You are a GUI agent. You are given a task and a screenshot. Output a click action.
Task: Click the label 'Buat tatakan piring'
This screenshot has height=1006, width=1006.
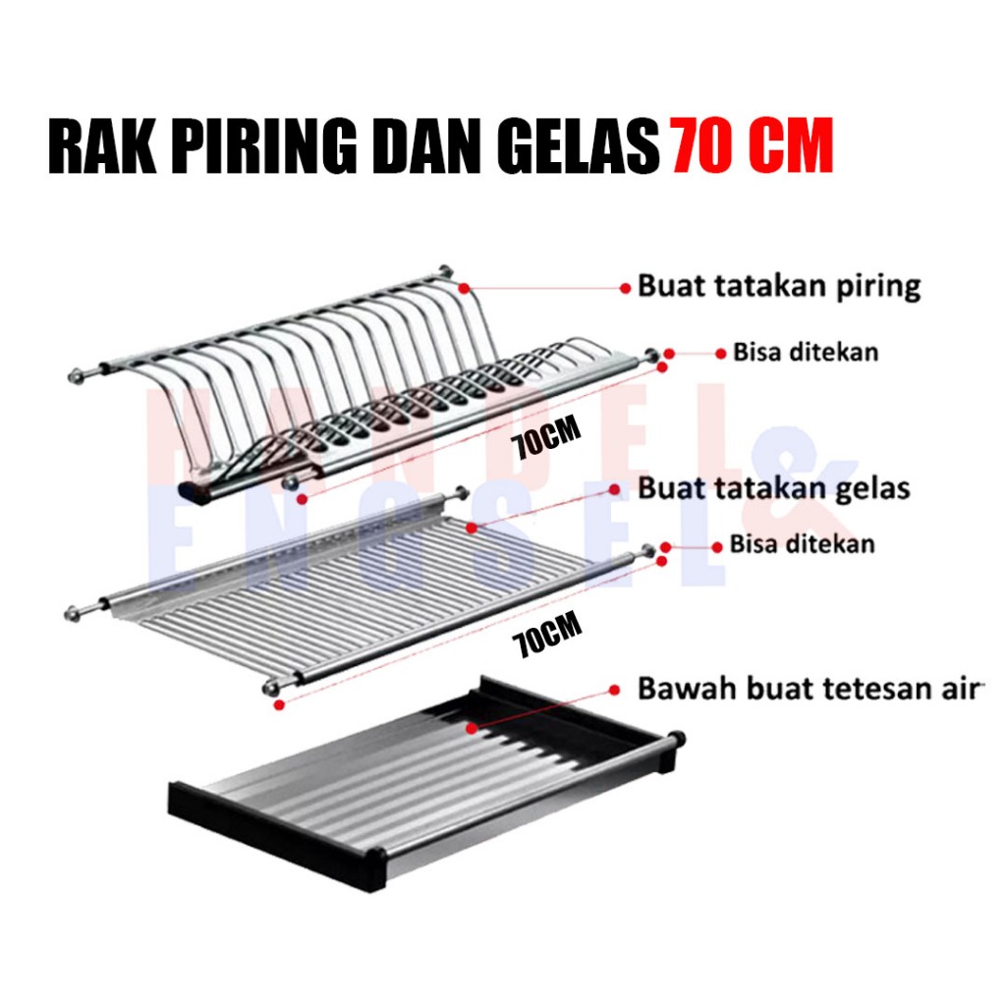pyautogui.click(x=779, y=286)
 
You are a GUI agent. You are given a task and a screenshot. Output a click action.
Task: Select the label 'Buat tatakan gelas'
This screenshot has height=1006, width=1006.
pyautogui.click(x=774, y=489)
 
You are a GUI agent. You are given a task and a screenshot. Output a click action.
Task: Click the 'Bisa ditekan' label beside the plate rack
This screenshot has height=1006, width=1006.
pyautogui.click(x=806, y=353)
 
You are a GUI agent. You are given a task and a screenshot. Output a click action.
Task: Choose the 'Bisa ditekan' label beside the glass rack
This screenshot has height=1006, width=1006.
pyautogui.click(x=802, y=544)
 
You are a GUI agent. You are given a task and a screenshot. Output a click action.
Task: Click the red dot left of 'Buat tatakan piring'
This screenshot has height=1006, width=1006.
pyautogui.click(x=625, y=289)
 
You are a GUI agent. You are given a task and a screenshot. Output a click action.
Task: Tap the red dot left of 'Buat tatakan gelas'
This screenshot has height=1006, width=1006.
pyautogui.click(x=614, y=489)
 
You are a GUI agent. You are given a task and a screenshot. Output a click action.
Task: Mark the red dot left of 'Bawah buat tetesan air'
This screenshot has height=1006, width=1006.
pyautogui.click(x=614, y=690)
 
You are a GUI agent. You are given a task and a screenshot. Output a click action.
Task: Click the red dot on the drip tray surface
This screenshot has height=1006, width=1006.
pyautogui.click(x=473, y=728)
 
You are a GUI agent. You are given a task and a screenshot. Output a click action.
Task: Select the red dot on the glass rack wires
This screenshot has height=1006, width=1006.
pyautogui.click(x=472, y=528)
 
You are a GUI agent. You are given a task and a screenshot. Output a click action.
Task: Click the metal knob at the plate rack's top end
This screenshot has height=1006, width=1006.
pyautogui.click(x=445, y=271)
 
